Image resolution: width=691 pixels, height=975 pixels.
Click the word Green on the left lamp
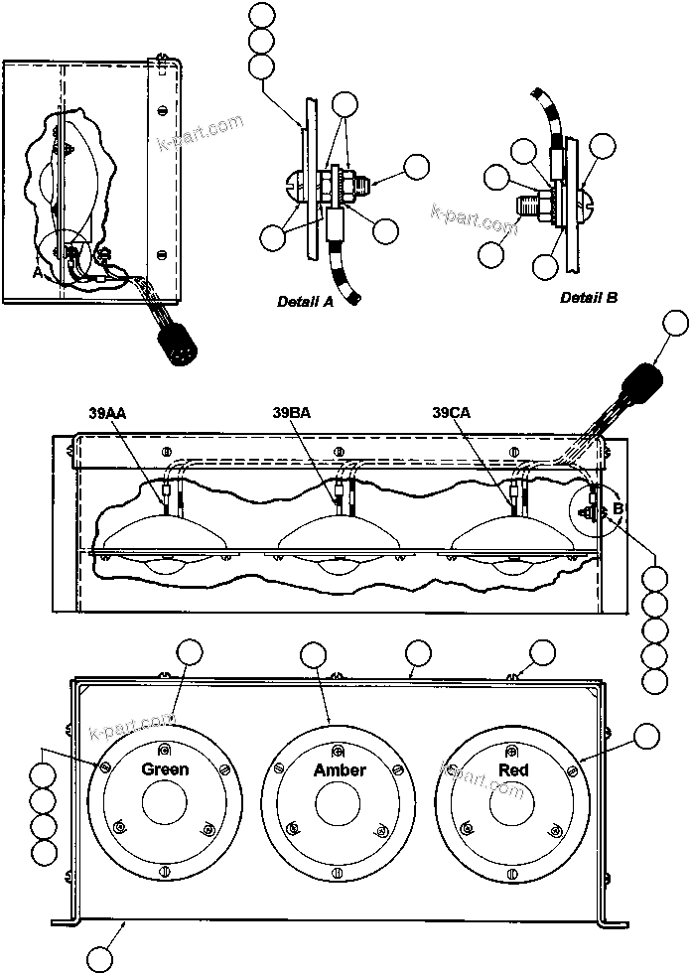165,769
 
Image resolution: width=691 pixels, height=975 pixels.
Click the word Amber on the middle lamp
340,770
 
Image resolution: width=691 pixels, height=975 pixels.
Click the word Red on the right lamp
513,770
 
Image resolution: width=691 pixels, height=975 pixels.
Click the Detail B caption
589,297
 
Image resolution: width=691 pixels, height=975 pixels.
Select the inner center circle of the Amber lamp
341,807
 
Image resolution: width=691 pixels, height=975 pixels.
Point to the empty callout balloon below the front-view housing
99,958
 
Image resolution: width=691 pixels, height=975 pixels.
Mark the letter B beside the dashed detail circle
618,508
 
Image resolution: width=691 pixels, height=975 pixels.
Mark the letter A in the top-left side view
37,273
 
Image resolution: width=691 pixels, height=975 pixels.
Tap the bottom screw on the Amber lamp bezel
341,873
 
